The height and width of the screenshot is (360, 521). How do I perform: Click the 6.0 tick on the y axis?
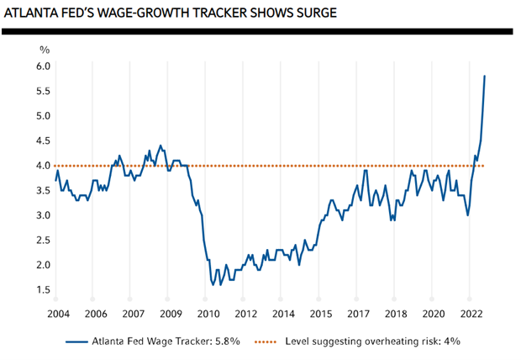point(43,66)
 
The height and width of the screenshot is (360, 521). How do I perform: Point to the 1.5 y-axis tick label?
point(43,290)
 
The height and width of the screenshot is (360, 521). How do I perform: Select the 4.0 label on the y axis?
point(43,166)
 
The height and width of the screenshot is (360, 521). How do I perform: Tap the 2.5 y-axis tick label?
point(43,241)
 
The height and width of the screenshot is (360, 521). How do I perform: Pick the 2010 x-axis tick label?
point(207,314)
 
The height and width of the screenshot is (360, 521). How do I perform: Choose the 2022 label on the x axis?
point(470,314)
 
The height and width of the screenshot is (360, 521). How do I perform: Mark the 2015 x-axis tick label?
point(320,314)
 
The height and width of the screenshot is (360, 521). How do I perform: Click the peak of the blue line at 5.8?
point(485,76)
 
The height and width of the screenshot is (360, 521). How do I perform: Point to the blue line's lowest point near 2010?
point(213,285)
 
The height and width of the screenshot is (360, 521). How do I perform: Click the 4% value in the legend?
point(450,341)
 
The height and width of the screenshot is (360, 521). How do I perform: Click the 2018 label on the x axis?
point(394,314)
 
